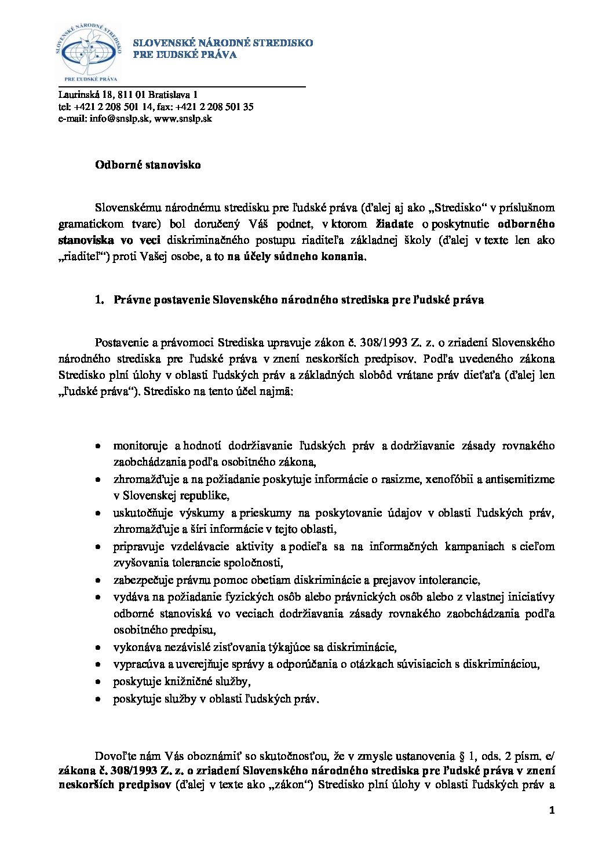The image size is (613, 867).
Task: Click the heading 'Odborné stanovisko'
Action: pyautogui.click(x=148, y=165)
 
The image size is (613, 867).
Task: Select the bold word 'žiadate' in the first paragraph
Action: pyautogui.click(x=395, y=224)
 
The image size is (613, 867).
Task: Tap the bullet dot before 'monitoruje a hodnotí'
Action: pyautogui.click(x=100, y=447)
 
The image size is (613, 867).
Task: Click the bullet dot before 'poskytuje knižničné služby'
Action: pyautogui.click(x=100, y=682)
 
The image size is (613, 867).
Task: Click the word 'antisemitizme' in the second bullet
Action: pyautogui.click(x=520, y=480)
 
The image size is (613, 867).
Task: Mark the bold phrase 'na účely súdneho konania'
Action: pyautogui.click(x=297, y=257)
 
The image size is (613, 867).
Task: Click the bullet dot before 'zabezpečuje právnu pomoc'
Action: pyautogui.click(x=100, y=580)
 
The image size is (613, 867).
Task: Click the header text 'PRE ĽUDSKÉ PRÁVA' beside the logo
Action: pyautogui.click(x=185, y=55)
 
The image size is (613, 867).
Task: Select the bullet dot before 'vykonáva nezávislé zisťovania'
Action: pyautogui.click(x=100, y=647)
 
